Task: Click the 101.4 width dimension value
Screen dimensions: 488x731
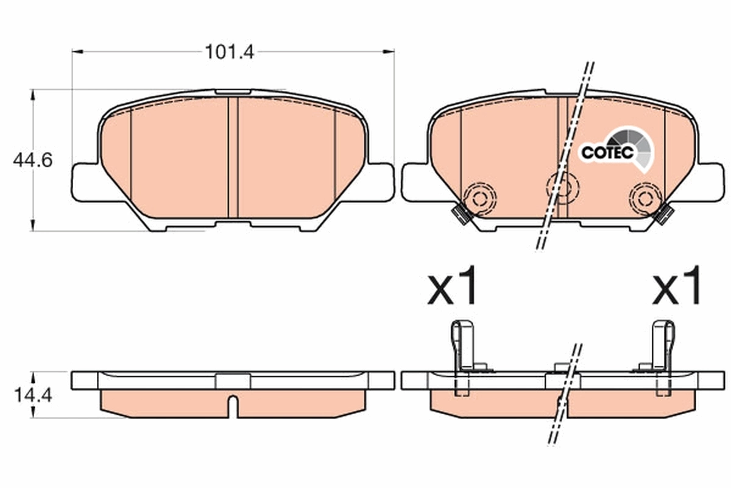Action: click(228, 52)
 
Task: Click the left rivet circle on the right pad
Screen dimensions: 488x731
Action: click(480, 196)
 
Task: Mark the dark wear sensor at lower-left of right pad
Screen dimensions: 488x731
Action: click(459, 214)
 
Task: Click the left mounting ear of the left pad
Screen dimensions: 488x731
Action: click(84, 181)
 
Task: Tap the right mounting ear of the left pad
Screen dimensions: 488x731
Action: click(381, 181)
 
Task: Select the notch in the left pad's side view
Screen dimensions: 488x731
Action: click(233, 405)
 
